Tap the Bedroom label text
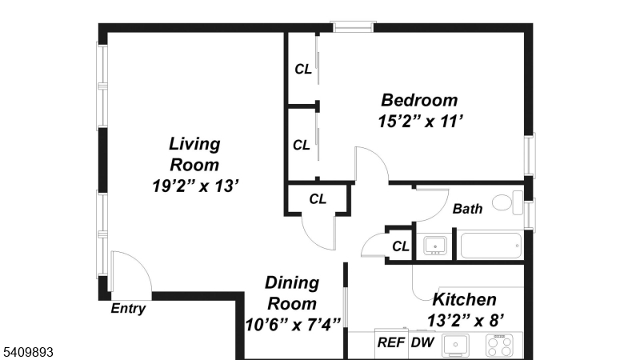click(x=419, y=101)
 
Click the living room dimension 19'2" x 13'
click(x=194, y=186)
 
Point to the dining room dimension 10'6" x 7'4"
click(x=293, y=324)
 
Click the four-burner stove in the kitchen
click(x=500, y=345)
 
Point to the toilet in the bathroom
click(x=505, y=202)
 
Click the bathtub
click(x=490, y=245)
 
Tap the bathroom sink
click(x=435, y=245)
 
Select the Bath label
click(x=468, y=210)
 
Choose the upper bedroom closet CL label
click(x=303, y=69)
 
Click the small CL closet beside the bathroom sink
click(x=400, y=246)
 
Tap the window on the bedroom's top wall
click(x=353, y=27)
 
